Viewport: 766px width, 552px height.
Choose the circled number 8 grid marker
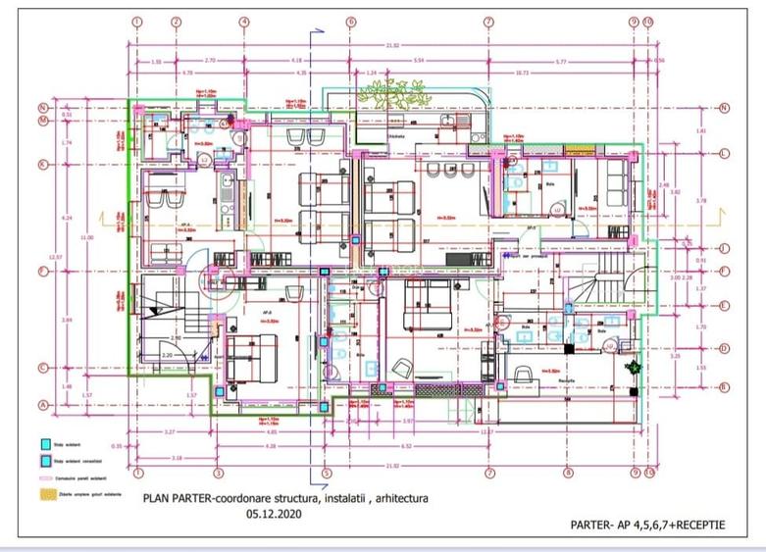click(x=568, y=473)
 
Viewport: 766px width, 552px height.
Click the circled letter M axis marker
click(x=43, y=122)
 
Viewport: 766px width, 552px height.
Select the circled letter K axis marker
click(x=43, y=164)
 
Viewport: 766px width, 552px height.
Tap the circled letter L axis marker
click(x=724, y=154)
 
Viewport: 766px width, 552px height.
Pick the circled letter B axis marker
click(x=724, y=385)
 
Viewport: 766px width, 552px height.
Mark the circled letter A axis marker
click(x=43, y=404)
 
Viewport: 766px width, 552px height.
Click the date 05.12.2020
click(x=274, y=512)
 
